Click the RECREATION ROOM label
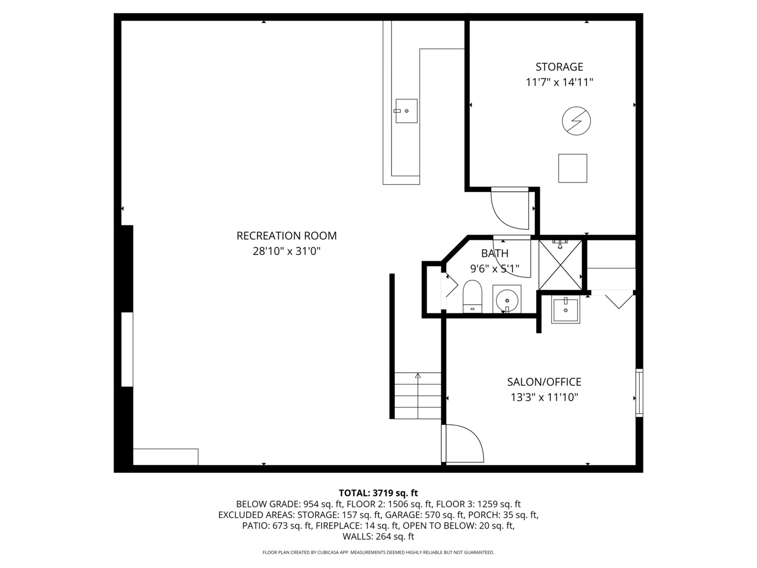(x=287, y=236)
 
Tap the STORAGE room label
(x=559, y=67)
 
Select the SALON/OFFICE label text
(x=544, y=382)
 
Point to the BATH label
(x=495, y=253)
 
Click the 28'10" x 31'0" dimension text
(x=287, y=251)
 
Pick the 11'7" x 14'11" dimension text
(x=559, y=83)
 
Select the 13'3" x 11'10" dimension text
(x=544, y=398)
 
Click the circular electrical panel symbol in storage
(x=576, y=121)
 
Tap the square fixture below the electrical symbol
(x=572, y=168)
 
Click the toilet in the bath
(x=472, y=297)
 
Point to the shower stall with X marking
(x=560, y=265)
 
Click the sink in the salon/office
(x=565, y=309)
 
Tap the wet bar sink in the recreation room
(x=406, y=111)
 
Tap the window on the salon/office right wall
(x=639, y=393)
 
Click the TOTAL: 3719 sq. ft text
(x=378, y=493)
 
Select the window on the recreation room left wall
(x=127, y=349)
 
